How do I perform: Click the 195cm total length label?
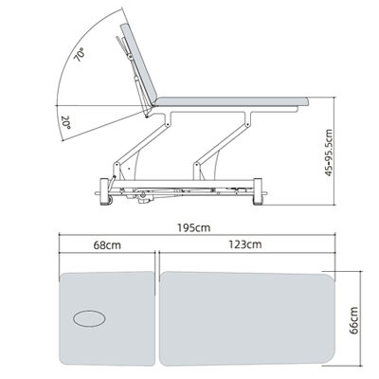(x=194, y=227)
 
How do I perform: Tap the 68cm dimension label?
(x=107, y=245)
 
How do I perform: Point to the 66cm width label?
(x=354, y=320)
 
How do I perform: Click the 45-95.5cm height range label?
(x=329, y=153)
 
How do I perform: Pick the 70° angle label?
(x=79, y=55)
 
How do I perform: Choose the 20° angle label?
(x=66, y=122)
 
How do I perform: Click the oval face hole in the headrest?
(x=89, y=318)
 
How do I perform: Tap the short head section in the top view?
(x=107, y=318)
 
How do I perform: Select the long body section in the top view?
(x=247, y=318)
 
